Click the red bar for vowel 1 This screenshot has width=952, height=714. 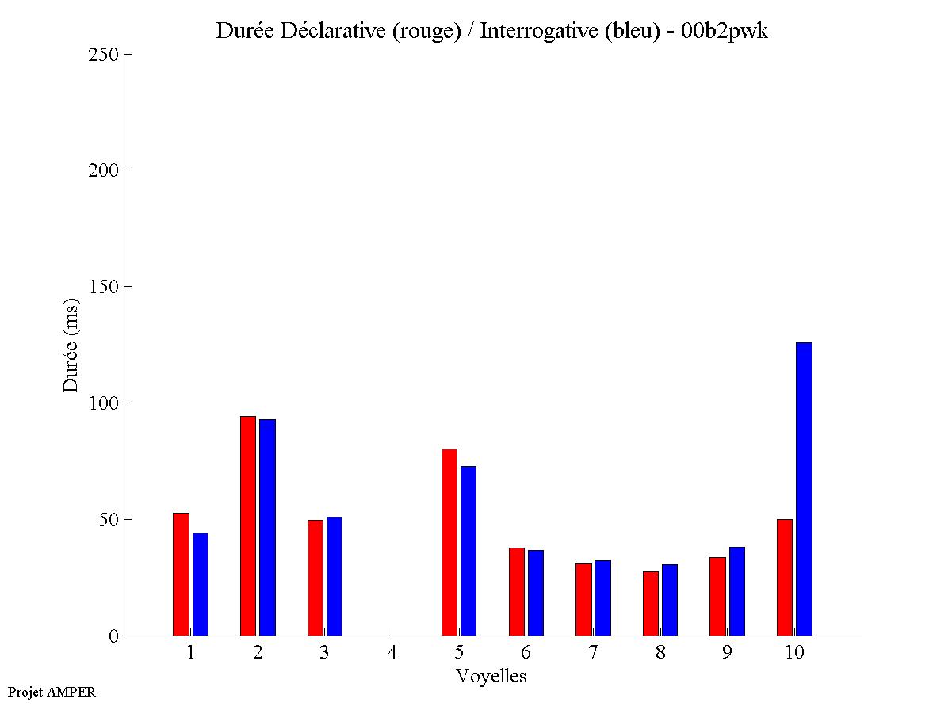(181, 575)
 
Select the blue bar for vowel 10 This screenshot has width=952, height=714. (804, 489)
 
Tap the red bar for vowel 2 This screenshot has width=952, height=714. (248, 526)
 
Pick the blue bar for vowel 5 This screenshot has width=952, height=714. (468, 551)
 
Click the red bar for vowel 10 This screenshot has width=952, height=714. (785, 578)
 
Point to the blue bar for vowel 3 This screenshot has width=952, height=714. (335, 576)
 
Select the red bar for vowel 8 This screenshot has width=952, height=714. (651, 604)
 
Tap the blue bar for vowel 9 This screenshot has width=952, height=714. (737, 591)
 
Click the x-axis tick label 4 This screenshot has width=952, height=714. (392, 653)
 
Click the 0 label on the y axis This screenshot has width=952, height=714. (113, 636)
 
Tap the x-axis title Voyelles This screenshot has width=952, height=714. (491, 677)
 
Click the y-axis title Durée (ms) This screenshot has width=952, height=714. (71, 345)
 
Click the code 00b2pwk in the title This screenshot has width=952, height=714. (725, 32)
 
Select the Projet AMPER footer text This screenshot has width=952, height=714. (52, 692)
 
